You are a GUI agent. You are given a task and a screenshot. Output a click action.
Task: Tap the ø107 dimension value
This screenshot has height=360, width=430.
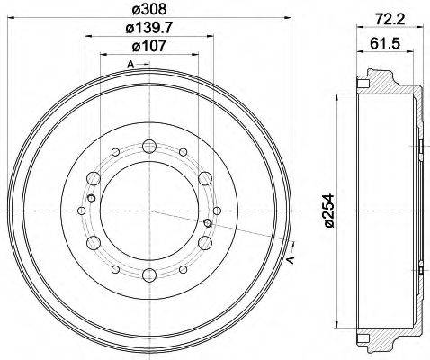148,49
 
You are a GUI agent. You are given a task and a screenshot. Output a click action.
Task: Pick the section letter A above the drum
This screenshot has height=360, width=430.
130,64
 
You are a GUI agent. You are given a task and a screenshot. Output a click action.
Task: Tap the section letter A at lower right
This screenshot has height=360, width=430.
291,261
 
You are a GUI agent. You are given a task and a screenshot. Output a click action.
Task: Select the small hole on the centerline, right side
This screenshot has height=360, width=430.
216,211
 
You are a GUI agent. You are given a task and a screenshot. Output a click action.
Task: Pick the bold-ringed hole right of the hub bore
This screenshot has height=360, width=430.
207,222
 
